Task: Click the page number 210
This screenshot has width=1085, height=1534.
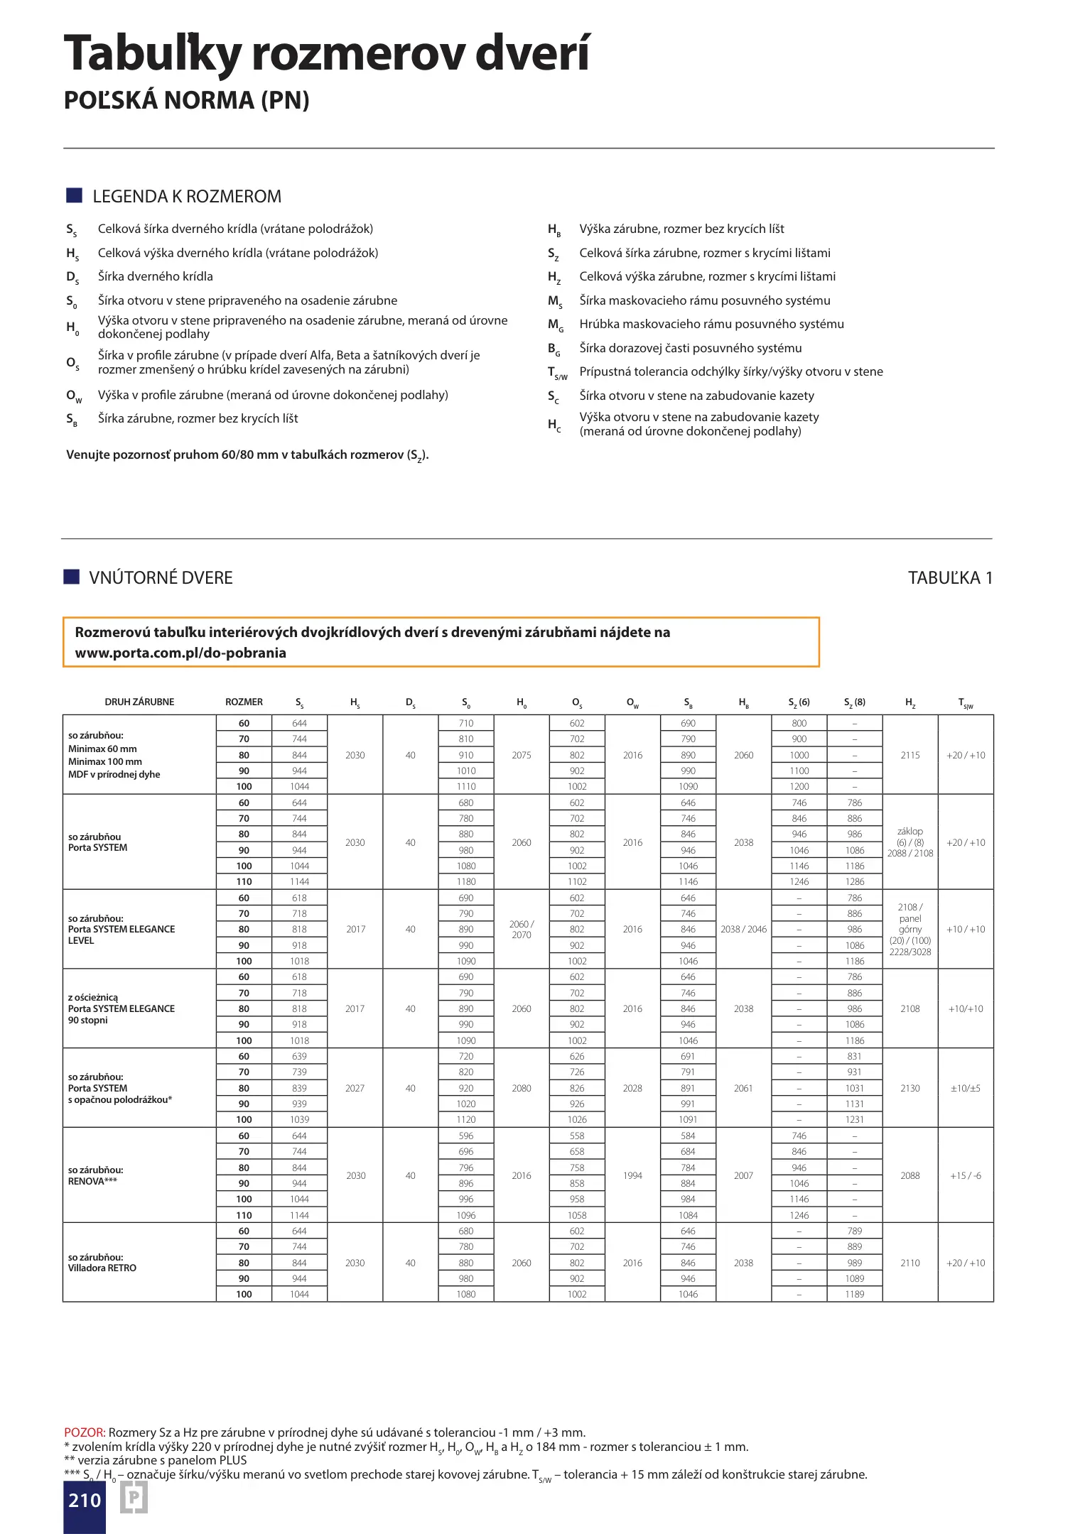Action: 85,1500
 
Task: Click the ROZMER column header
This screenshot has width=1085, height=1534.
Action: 244,702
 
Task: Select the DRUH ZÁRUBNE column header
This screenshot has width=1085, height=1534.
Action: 139,702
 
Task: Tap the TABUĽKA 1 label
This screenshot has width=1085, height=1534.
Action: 949,578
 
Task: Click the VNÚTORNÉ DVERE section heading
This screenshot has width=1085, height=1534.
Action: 161,578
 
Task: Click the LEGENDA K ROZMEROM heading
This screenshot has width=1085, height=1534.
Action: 187,197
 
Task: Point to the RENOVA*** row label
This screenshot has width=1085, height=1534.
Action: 92,1181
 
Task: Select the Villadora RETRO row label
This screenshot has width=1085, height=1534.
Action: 102,1268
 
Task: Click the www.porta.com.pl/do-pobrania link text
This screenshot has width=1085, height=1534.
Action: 180,653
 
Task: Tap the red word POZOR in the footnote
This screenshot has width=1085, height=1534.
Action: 85,1432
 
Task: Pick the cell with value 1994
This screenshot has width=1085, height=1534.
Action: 632,1175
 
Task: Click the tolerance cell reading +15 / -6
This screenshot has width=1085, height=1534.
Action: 966,1175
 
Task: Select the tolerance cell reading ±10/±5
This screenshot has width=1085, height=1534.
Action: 966,1088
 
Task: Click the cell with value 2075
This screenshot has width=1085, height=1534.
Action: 522,755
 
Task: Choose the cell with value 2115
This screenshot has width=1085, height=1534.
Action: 910,755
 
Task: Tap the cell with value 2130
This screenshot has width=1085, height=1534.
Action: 910,1088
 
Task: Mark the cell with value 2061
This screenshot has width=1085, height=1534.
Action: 743,1088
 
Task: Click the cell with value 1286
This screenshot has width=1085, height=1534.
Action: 855,881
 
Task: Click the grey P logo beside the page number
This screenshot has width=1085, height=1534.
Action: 134,1499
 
